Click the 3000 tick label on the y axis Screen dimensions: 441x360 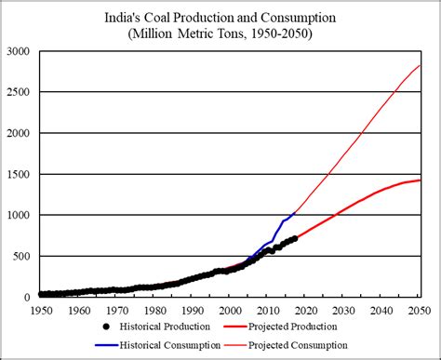(x=19, y=51)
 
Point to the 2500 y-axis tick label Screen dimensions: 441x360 (x=19, y=92)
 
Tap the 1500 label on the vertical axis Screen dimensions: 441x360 (x=19, y=174)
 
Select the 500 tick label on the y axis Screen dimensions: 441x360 (x=21, y=257)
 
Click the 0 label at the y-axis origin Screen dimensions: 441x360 (x=27, y=298)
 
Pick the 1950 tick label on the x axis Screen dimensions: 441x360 (x=42, y=311)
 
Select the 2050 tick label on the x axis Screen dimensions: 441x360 (x=420, y=311)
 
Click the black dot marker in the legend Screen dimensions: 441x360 (x=106, y=327)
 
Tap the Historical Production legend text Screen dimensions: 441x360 (x=165, y=327)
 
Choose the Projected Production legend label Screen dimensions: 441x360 (x=292, y=327)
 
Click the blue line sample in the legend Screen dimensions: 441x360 (x=107, y=345)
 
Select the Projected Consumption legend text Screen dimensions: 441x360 (x=298, y=345)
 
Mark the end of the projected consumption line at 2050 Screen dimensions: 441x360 (x=421, y=65)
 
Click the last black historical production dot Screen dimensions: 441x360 (x=295, y=238)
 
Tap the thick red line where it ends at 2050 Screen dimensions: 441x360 (x=421, y=180)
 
